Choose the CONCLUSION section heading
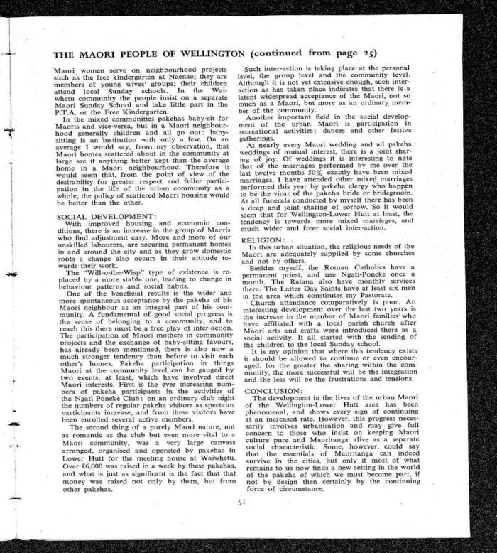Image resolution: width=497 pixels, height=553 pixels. (x=273, y=391)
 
